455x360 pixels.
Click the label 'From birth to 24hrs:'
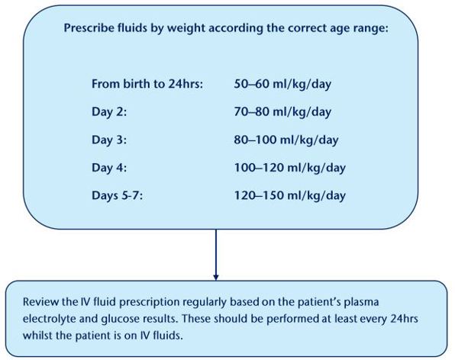(147, 84)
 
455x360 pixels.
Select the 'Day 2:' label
(108, 112)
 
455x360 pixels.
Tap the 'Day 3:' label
(108, 140)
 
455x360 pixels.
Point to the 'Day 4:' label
(108, 168)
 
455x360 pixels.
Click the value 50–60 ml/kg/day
(282, 84)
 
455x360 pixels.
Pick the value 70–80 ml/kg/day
(282, 112)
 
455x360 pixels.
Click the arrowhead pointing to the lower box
(216, 276)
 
